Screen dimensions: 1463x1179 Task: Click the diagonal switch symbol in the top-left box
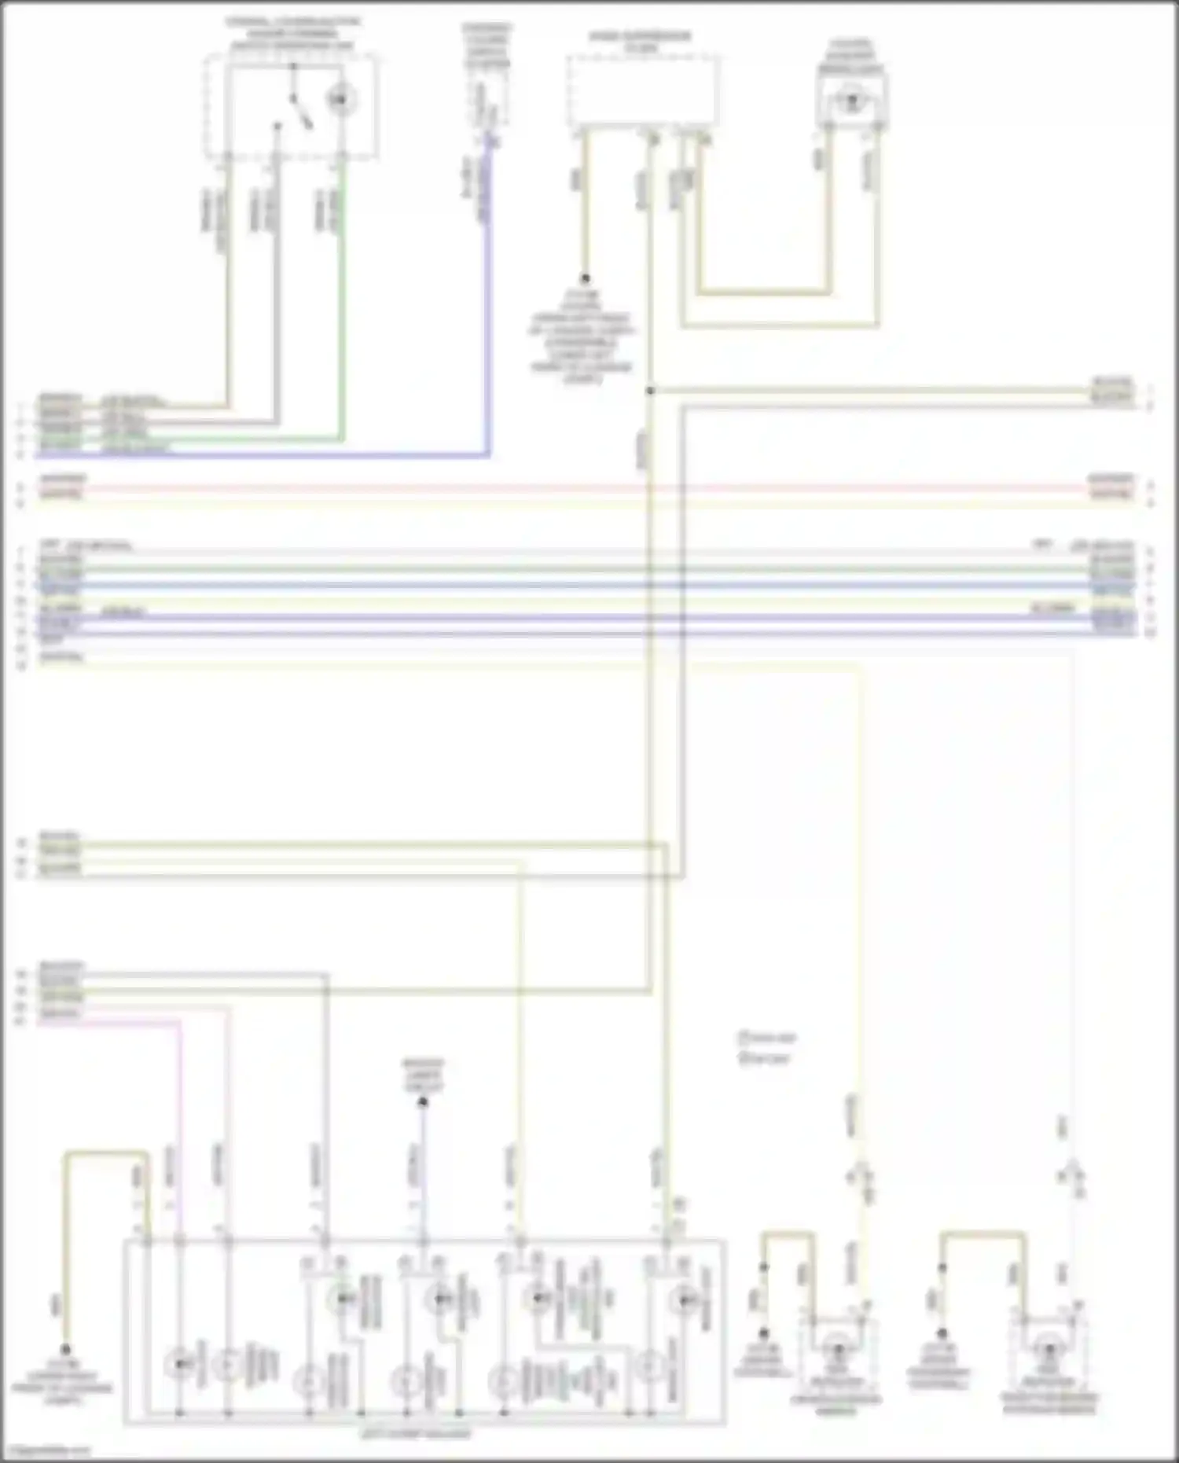(x=299, y=109)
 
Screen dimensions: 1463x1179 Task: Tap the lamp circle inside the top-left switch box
(x=340, y=99)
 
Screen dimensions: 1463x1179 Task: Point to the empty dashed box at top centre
(x=642, y=90)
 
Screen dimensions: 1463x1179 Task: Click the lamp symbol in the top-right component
(x=849, y=101)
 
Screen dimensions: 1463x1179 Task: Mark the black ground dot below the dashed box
(x=585, y=279)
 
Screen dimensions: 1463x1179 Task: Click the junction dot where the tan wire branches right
(x=650, y=391)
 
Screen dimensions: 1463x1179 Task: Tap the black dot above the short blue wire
(x=423, y=1102)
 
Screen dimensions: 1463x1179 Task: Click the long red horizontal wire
(x=582, y=488)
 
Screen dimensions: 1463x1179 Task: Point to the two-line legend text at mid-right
(x=765, y=1048)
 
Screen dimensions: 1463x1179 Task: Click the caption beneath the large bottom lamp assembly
(x=417, y=1433)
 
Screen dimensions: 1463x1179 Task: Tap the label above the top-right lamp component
(x=850, y=56)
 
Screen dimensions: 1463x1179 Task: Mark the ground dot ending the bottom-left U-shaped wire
(x=66, y=1348)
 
